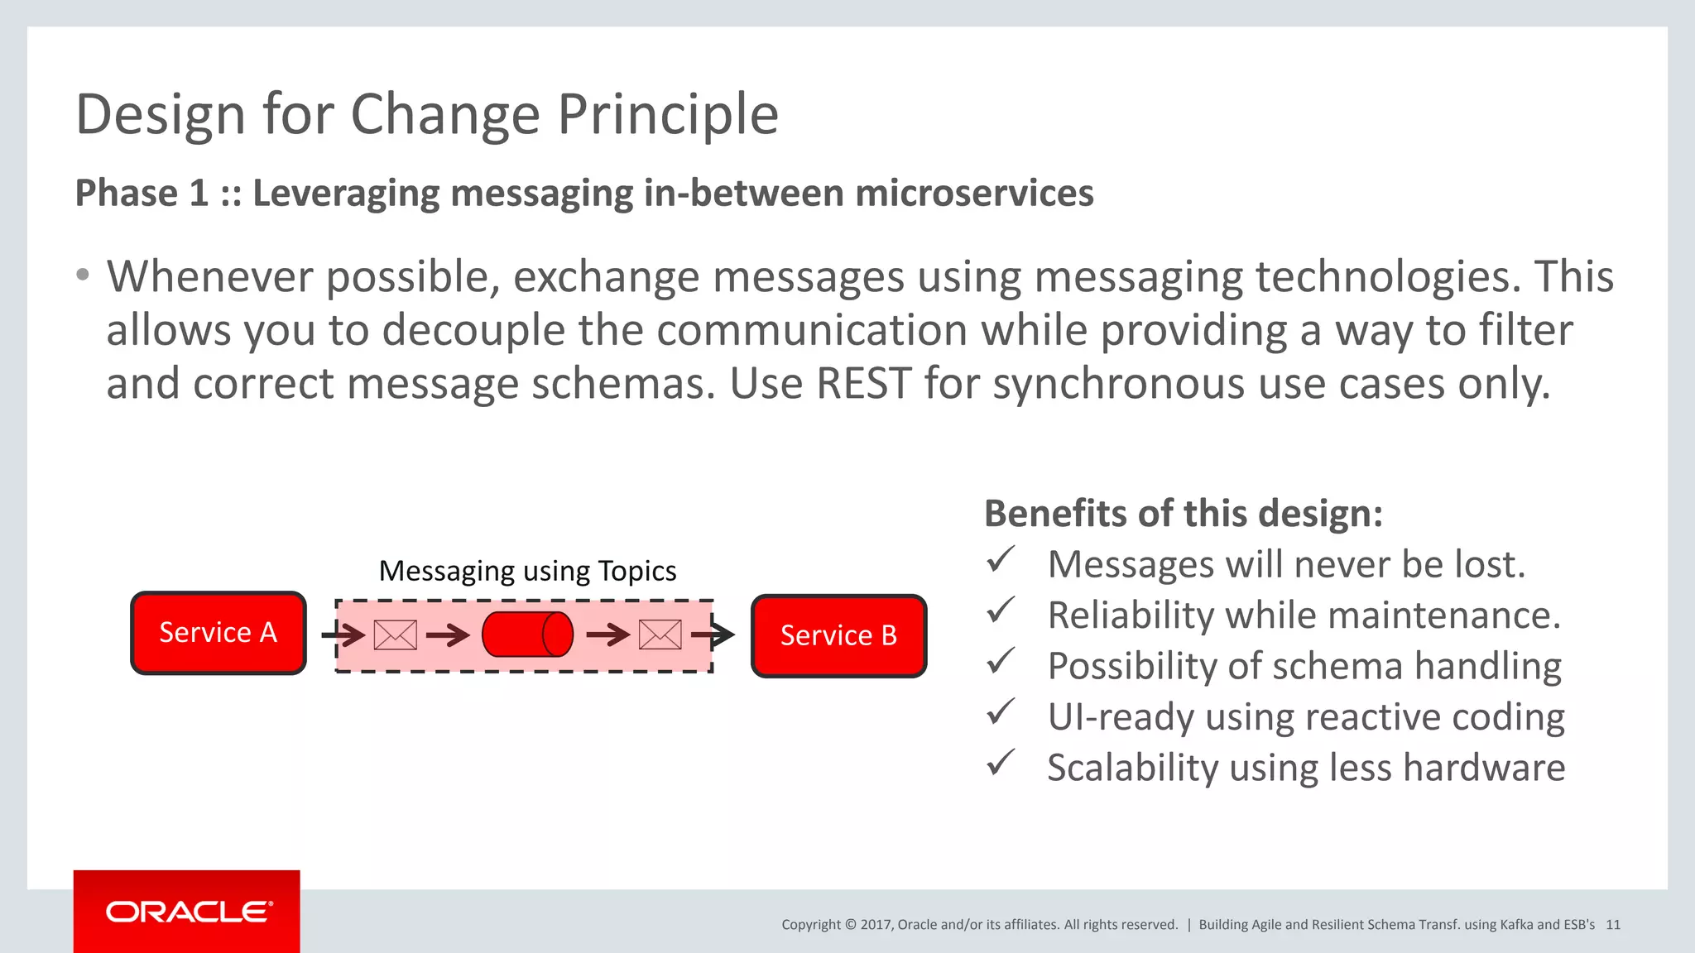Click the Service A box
tap(218, 633)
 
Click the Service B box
tap(838, 635)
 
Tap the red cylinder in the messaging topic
tap(527, 635)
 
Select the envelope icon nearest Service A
tap(396, 635)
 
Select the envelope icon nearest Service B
tap(660, 635)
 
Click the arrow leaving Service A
tap(343, 635)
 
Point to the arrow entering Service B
tap(713, 635)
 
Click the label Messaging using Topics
tap(527, 571)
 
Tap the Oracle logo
tap(188, 912)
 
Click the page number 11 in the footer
tap(1613, 925)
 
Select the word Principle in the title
tap(668, 114)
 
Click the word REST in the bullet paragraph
tap(863, 384)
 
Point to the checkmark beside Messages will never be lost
tap(1000, 561)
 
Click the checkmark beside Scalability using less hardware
tap(1000, 763)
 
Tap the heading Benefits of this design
tap(1183, 514)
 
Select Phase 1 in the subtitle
tap(142, 194)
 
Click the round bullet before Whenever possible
tap(82, 275)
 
